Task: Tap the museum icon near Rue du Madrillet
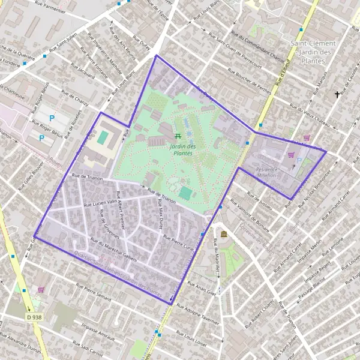pos(224,233)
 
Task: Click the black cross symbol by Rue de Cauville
pos(337,95)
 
